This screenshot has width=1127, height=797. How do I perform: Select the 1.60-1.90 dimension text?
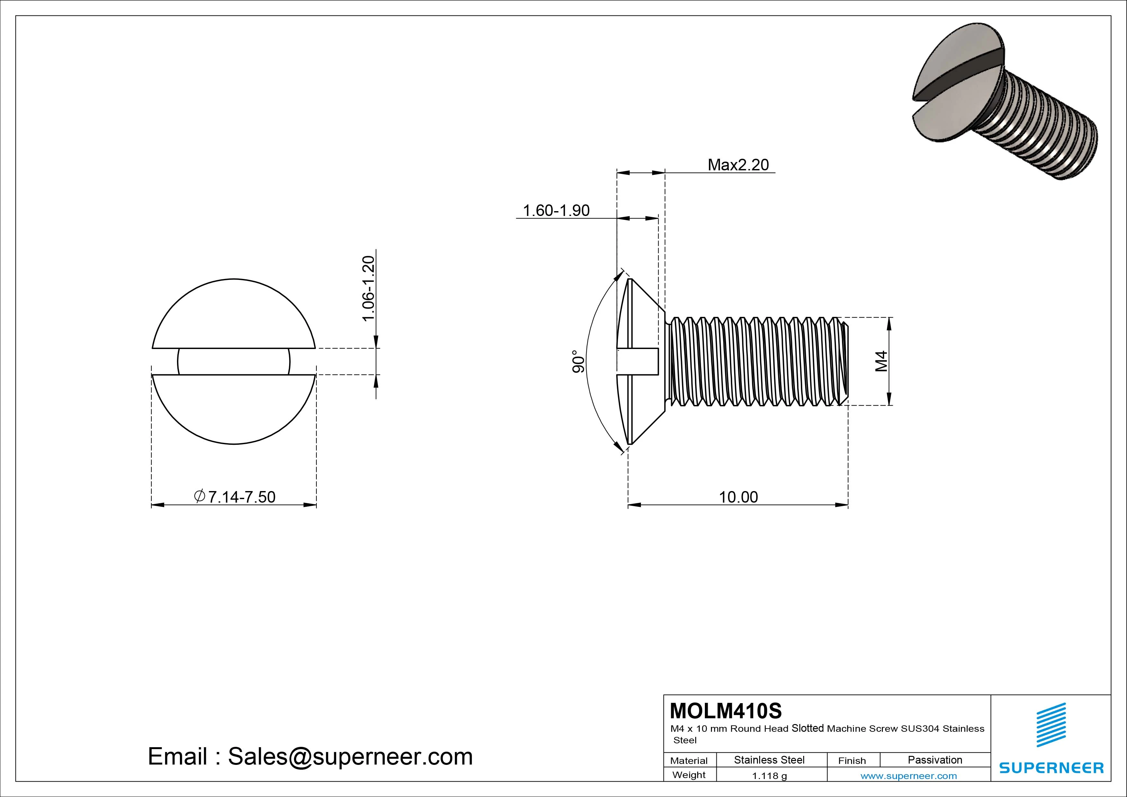click(x=556, y=211)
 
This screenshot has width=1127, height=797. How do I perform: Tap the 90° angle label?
click(x=578, y=362)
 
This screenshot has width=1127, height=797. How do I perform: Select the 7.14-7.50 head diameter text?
click(x=235, y=497)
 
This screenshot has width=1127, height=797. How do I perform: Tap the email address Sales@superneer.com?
click(x=310, y=756)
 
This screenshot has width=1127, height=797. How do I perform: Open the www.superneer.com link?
click(x=909, y=776)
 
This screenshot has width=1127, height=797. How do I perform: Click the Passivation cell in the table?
click(x=935, y=760)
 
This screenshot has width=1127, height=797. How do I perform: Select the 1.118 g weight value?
click(x=769, y=776)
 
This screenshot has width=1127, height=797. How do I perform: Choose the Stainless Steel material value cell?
click(x=769, y=760)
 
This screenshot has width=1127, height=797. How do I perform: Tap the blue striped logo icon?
click(x=1051, y=724)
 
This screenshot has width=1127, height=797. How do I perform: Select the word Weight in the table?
click(x=689, y=775)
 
